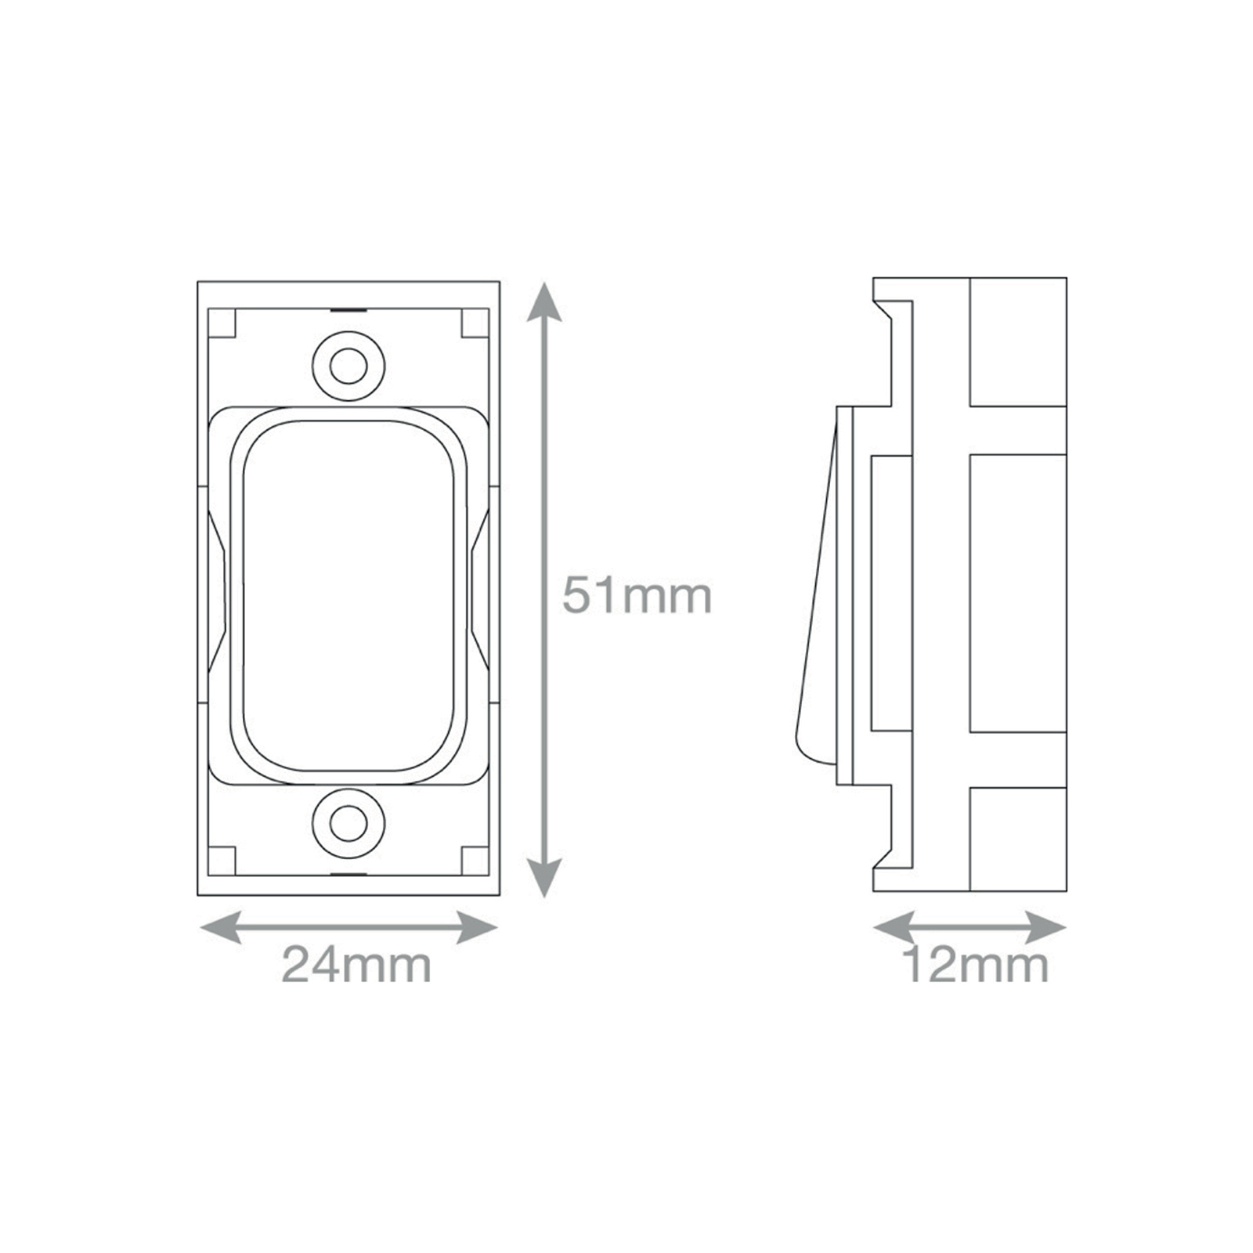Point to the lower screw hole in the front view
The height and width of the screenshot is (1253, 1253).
tap(348, 823)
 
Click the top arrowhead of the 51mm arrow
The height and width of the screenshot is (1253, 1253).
tap(543, 304)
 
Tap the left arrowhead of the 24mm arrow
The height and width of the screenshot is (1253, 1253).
tap(222, 928)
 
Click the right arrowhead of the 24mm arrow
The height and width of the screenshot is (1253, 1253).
tap(477, 928)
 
